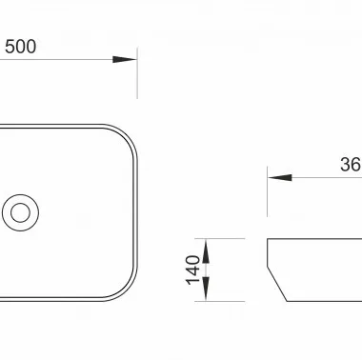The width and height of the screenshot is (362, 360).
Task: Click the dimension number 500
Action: coord(20,47)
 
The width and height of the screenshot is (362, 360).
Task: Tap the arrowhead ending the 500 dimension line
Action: coord(125,59)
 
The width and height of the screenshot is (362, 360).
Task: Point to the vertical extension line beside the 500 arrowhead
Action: coord(137,73)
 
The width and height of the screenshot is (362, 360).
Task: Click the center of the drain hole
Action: coord(20,212)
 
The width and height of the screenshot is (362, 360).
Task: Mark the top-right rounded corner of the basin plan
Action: coord(128,135)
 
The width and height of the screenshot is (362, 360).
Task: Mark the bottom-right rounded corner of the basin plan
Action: coord(128,290)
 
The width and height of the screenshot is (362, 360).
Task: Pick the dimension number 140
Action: coord(192,270)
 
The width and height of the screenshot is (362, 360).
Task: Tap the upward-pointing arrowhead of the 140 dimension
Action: coord(206,250)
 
